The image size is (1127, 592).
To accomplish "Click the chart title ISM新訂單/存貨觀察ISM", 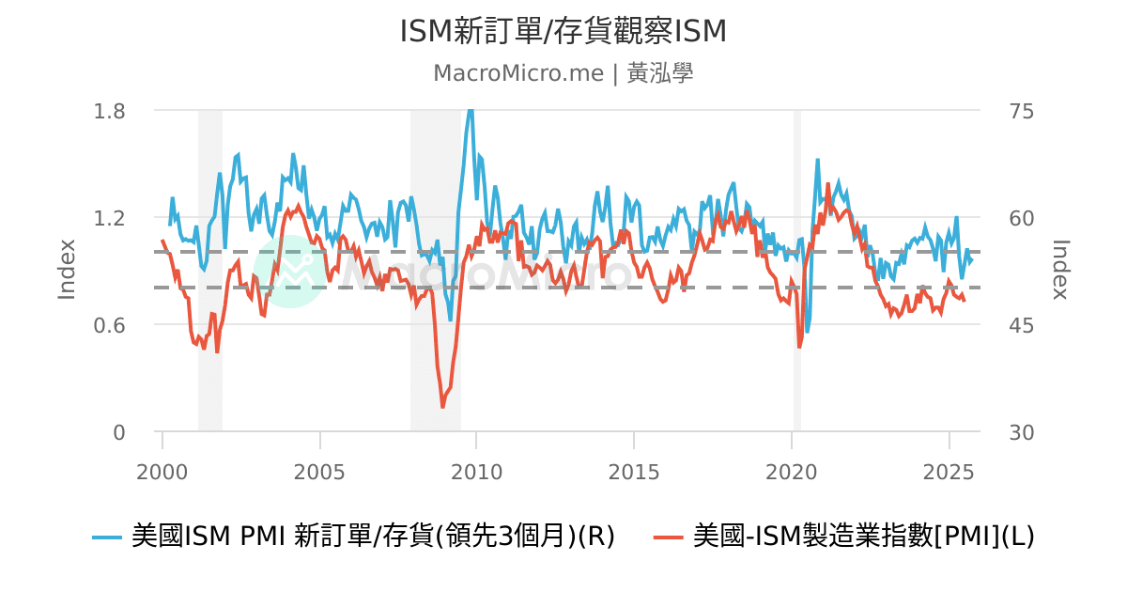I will [x=563, y=32].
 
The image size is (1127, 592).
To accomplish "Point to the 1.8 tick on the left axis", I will [x=109, y=111].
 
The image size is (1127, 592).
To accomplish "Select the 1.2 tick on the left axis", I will [x=109, y=218].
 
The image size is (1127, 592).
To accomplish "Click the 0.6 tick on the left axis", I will [x=109, y=325].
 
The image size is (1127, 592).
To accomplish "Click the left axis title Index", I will [x=67, y=270].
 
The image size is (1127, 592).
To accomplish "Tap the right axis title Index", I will [x=1060, y=270].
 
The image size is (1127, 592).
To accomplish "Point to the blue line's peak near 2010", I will [x=471, y=111].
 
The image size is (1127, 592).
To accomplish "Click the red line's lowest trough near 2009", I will [x=443, y=406].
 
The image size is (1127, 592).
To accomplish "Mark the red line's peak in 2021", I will [x=827, y=184].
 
